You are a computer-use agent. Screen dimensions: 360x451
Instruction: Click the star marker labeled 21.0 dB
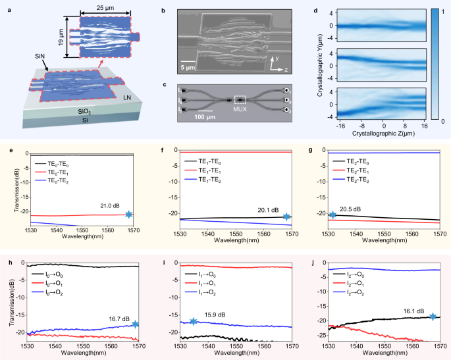point(129,215)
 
